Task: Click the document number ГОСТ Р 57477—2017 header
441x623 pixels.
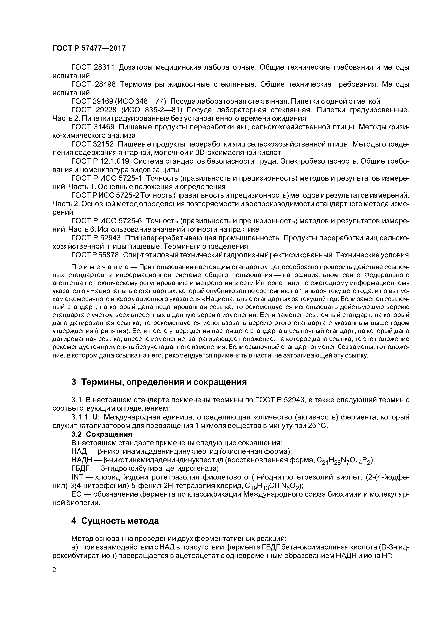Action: click(89, 48)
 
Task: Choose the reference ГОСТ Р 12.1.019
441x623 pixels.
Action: click(100, 161)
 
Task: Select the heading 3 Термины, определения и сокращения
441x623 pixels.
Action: click(159, 382)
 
